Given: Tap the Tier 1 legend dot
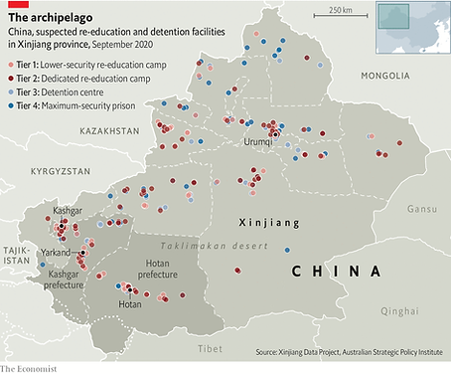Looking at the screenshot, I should (12, 63).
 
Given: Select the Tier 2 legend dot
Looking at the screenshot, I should (12, 77).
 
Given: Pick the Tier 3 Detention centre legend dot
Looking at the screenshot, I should (12, 91).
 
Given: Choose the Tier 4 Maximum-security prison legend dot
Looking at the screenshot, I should (12, 104).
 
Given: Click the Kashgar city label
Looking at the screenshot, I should (67, 212).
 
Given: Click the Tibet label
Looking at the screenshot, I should (210, 348).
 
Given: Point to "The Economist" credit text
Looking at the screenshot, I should (29, 368).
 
